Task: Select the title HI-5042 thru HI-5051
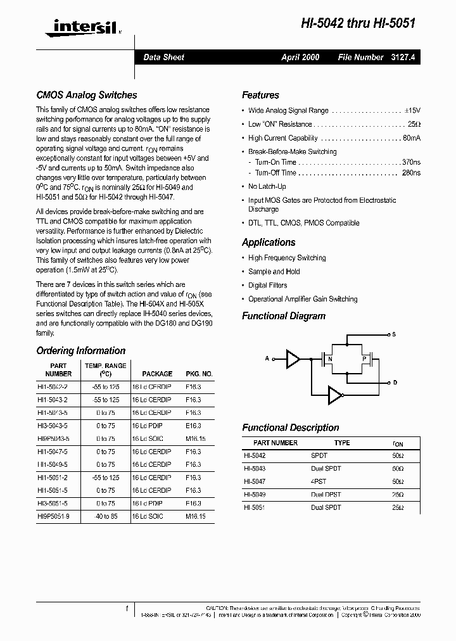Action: click(358, 22)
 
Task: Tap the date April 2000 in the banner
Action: click(300, 57)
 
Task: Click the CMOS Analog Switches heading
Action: click(87, 95)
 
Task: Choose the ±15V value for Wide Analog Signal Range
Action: click(411, 110)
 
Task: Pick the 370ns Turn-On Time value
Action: click(411, 162)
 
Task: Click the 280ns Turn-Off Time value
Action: click(411, 172)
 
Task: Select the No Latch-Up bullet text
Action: click(267, 186)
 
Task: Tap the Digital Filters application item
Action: click(267, 285)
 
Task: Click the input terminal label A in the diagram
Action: click(267, 359)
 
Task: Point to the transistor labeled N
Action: click(329, 359)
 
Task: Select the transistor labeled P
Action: click(364, 359)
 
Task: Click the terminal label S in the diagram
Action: click(394, 334)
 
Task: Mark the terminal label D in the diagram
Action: click(395, 383)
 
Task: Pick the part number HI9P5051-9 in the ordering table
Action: click(58, 516)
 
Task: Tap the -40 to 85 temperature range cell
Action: click(106, 516)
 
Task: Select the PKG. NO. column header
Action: click(199, 374)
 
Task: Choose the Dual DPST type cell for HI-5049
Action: click(326, 495)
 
